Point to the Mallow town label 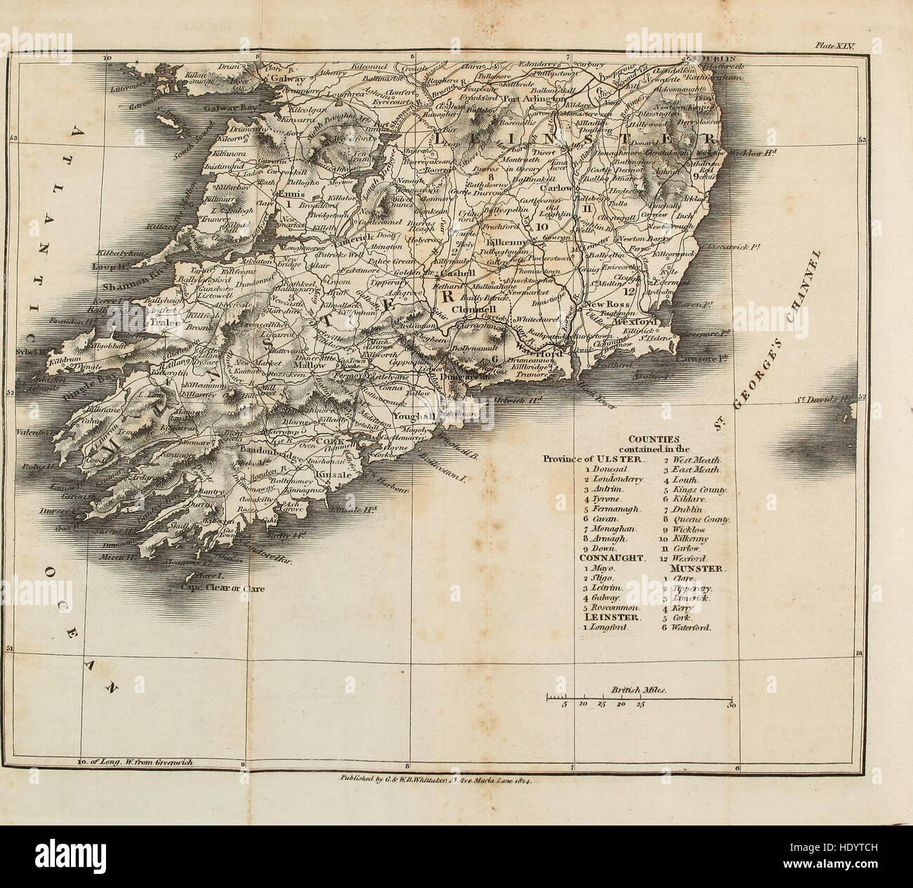coord(310,366)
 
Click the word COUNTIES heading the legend coord(650,437)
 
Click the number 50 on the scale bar coord(732,705)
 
